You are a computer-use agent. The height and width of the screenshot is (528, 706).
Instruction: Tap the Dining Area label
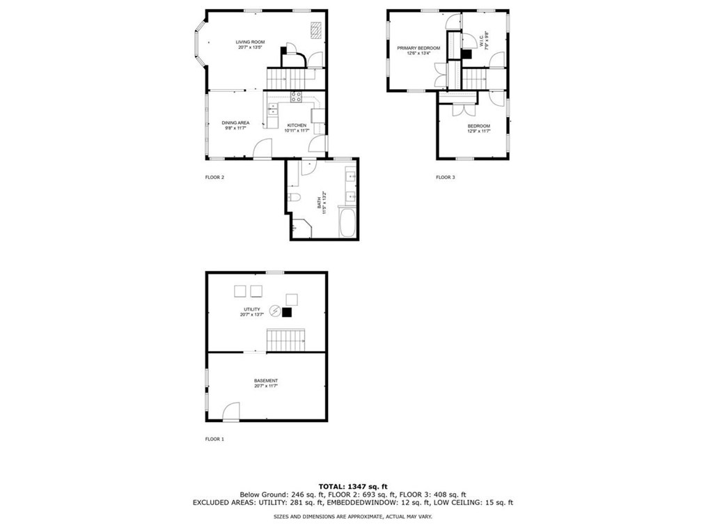click(x=235, y=125)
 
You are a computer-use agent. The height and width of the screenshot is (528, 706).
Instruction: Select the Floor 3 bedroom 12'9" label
click(x=478, y=128)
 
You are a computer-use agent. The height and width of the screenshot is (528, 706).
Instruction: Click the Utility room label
click(x=251, y=311)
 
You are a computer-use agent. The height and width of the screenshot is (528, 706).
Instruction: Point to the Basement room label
click(x=266, y=382)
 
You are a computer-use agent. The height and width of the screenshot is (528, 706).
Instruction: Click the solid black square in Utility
click(x=287, y=312)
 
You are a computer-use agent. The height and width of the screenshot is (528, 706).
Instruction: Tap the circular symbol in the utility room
click(x=275, y=311)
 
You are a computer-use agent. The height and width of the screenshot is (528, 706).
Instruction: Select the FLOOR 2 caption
click(x=214, y=178)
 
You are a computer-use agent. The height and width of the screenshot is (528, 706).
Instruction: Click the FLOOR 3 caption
click(x=445, y=178)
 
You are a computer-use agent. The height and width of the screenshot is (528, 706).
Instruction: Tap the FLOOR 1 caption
click(x=214, y=440)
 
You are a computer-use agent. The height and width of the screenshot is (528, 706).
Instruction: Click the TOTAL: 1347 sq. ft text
click(x=353, y=486)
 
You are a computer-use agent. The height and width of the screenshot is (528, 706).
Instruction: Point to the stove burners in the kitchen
click(x=296, y=97)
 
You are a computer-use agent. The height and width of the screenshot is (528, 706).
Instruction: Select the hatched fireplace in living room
click(x=316, y=29)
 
